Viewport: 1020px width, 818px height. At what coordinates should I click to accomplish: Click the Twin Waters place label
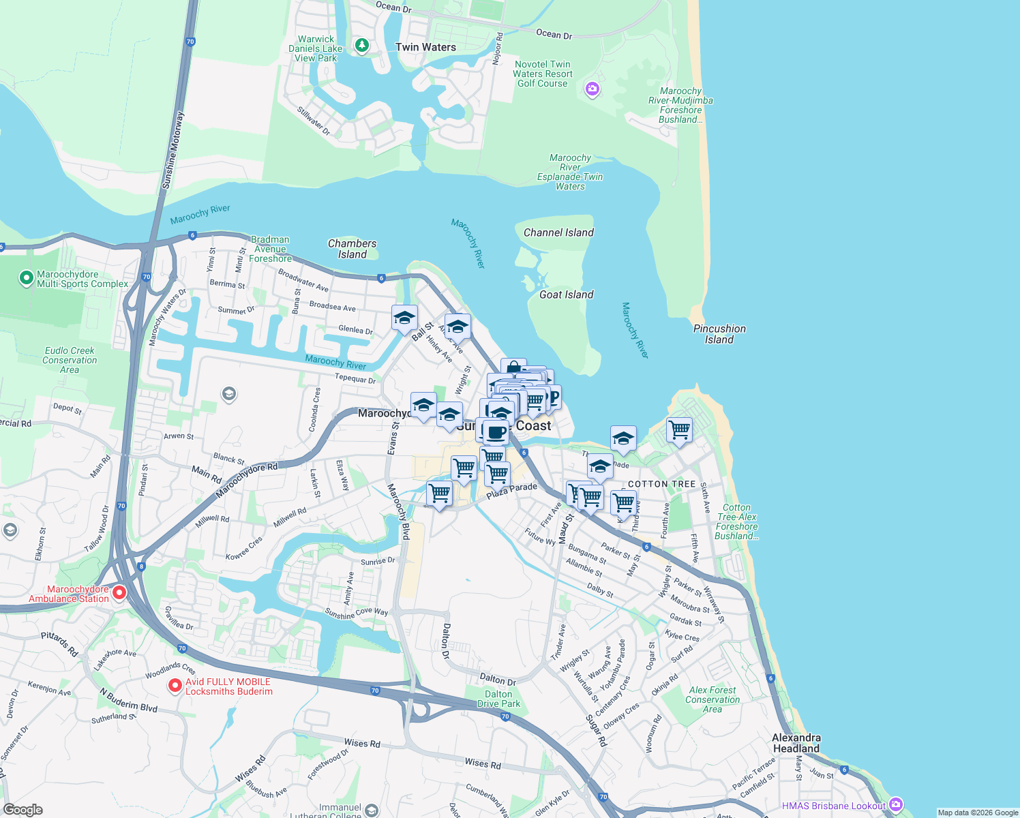click(425, 47)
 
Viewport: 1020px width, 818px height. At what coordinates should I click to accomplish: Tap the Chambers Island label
click(352, 249)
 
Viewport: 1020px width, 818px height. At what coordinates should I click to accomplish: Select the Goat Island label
click(566, 294)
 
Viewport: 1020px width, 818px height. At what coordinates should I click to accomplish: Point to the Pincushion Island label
click(719, 334)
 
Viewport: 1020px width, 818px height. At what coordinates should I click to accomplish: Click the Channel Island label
click(558, 232)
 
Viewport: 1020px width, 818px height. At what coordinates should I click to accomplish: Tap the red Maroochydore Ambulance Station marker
click(119, 592)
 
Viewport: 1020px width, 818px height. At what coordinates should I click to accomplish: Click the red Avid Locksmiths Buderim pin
click(175, 685)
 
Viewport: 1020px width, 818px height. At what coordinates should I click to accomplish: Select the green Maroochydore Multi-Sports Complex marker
click(26, 277)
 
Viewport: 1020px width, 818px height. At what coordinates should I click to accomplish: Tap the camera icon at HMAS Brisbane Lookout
click(896, 805)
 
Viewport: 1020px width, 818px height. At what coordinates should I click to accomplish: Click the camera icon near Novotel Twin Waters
click(592, 89)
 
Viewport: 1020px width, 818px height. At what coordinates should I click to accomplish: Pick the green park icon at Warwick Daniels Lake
click(362, 46)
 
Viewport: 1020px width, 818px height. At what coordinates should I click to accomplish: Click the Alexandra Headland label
click(796, 743)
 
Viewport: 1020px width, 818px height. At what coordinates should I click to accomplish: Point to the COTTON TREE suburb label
click(661, 484)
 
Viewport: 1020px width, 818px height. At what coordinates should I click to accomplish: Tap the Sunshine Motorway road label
click(173, 150)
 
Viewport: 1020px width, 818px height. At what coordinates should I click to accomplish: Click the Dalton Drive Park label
click(498, 699)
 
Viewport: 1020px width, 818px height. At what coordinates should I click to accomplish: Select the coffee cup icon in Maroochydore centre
click(496, 432)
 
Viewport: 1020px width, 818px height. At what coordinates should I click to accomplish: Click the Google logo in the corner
click(22, 810)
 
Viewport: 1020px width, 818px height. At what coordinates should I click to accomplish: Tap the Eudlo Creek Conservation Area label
click(70, 360)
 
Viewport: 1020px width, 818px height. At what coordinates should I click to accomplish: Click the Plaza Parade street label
click(511, 490)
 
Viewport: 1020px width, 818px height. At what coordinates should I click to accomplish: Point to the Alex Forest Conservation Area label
click(712, 699)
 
